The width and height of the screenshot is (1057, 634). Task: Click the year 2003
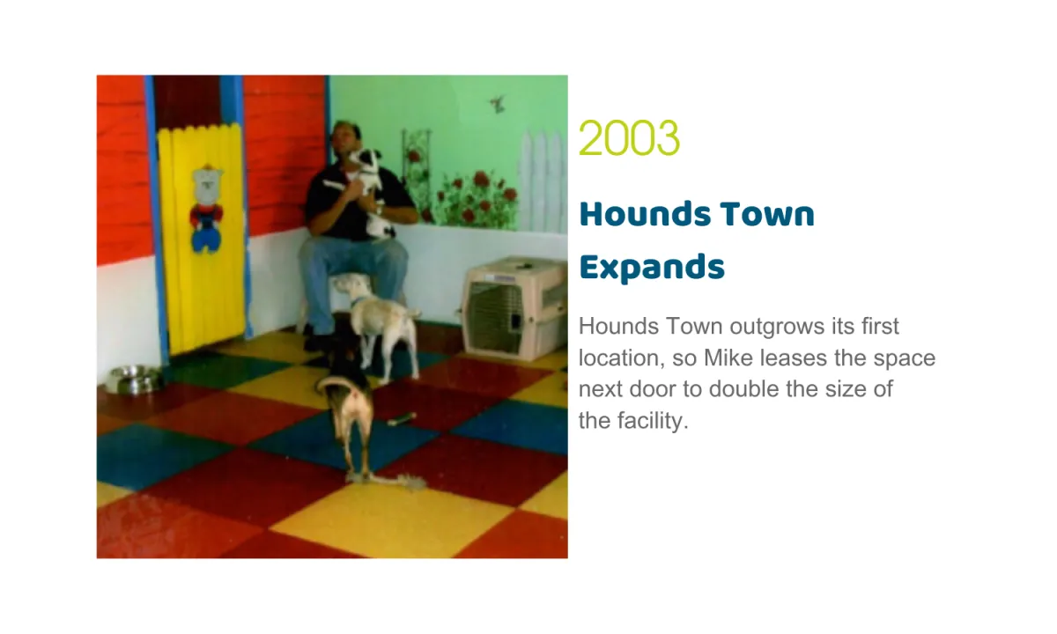click(629, 137)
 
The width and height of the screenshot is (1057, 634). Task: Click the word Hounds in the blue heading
click(645, 214)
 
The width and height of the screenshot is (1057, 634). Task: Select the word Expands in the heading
click(652, 268)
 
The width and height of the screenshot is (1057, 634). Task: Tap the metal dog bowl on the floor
click(134, 379)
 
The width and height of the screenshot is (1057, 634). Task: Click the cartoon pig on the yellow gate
click(207, 209)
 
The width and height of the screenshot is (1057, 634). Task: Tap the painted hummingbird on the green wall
click(497, 104)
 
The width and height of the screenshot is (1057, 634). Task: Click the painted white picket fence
click(543, 181)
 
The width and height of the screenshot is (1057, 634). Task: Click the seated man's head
click(346, 137)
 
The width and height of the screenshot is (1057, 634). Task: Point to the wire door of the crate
click(494, 318)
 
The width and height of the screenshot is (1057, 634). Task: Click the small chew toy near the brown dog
click(402, 418)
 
